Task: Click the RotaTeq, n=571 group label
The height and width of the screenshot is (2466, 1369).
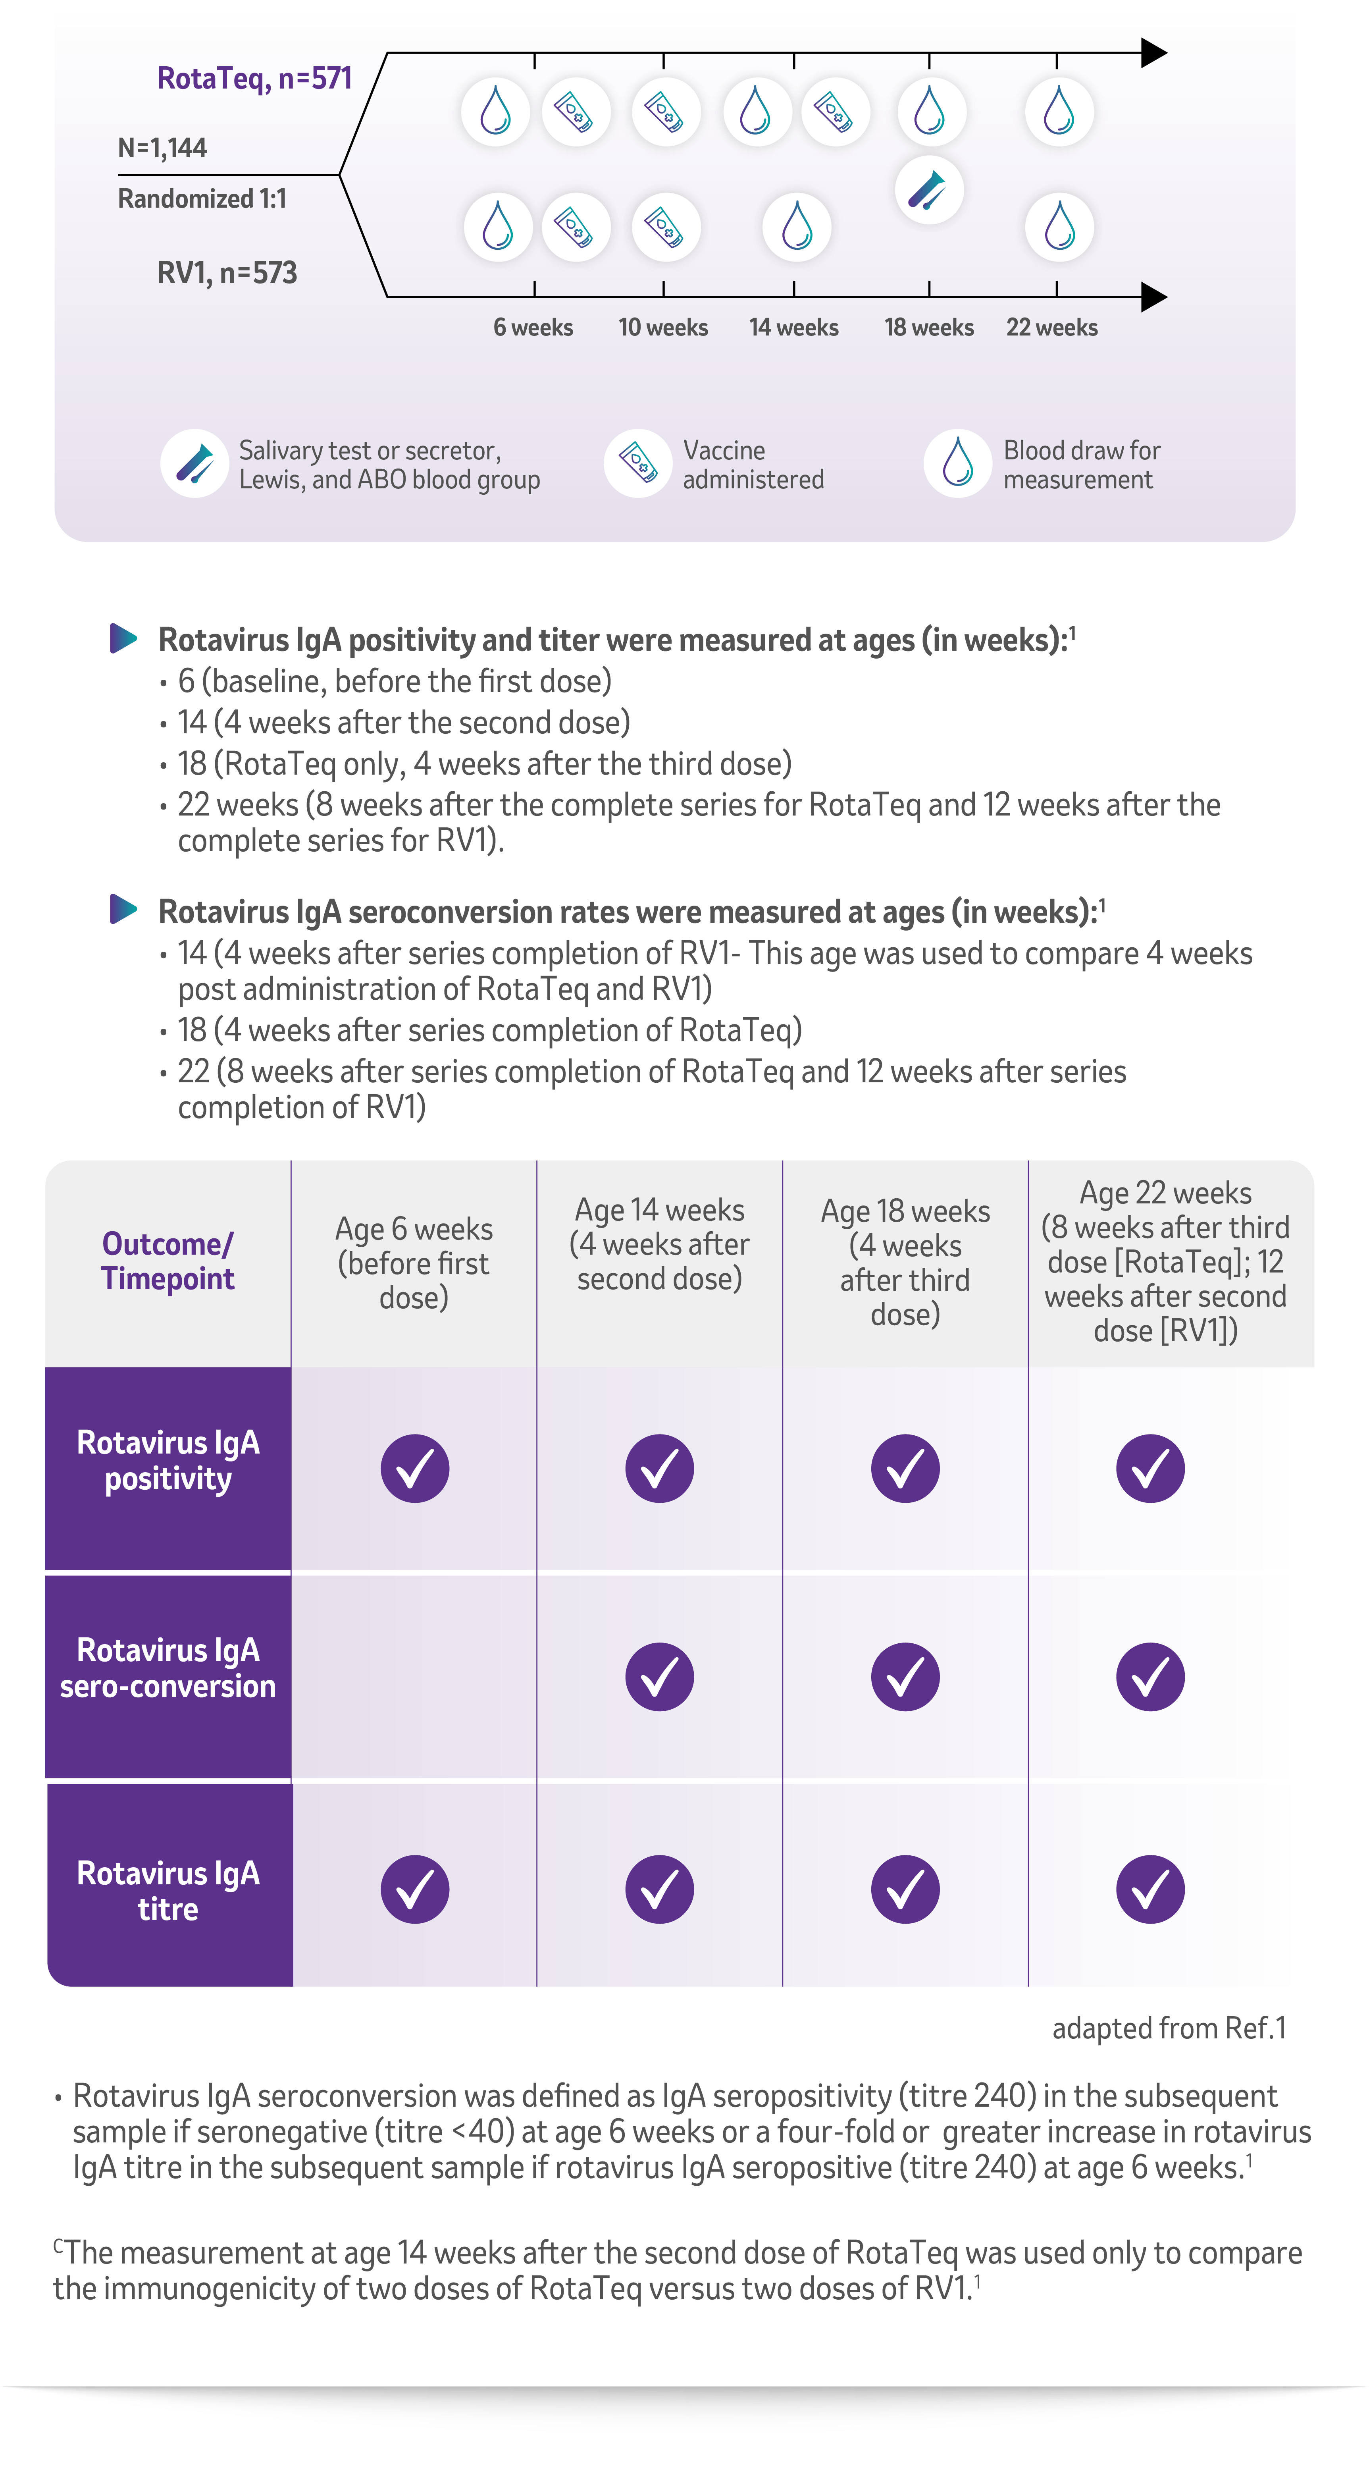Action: (x=255, y=77)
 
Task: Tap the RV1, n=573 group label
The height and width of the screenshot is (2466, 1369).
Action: (x=227, y=273)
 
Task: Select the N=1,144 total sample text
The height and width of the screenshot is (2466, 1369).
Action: (x=162, y=147)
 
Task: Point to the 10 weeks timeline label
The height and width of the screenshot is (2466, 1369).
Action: (x=662, y=328)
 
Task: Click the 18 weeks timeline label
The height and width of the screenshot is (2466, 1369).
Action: (x=929, y=328)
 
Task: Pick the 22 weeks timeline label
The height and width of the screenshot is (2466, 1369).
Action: (x=1051, y=328)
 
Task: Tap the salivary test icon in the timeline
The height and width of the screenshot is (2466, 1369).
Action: (x=929, y=189)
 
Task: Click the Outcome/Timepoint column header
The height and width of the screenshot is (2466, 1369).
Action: (x=168, y=1261)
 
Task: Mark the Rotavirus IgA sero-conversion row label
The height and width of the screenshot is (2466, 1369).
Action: (x=168, y=1668)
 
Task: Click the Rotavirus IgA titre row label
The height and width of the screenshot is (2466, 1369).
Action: (x=168, y=1891)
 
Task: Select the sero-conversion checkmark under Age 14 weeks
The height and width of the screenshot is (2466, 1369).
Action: (x=660, y=1676)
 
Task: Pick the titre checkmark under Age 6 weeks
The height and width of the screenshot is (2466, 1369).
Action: (x=414, y=1889)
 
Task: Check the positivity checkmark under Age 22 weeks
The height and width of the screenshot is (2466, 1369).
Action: (x=1150, y=1467)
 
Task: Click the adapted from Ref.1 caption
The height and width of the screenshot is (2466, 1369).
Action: (x=1169, y=2028)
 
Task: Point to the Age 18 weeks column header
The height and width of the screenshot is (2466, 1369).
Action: (x=905, y=1262)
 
